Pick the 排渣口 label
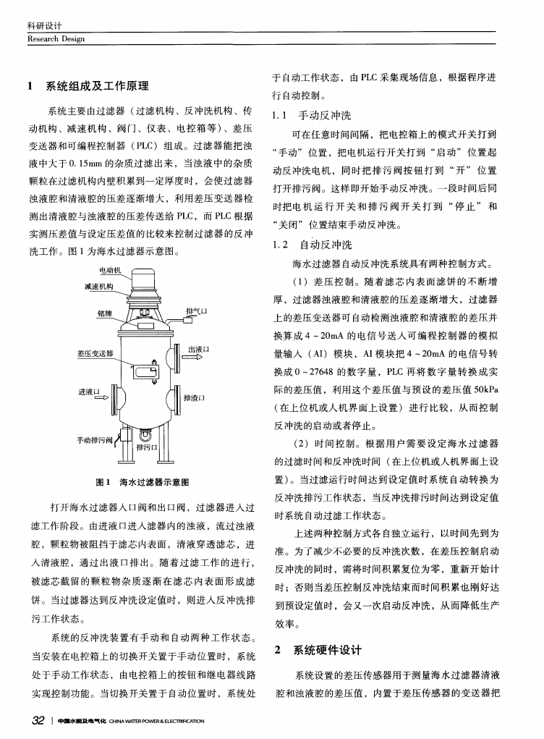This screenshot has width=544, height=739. click(195, 397)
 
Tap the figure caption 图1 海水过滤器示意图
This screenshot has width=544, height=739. click(143, 482)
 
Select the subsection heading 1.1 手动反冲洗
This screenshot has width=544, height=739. click(302, 116)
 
